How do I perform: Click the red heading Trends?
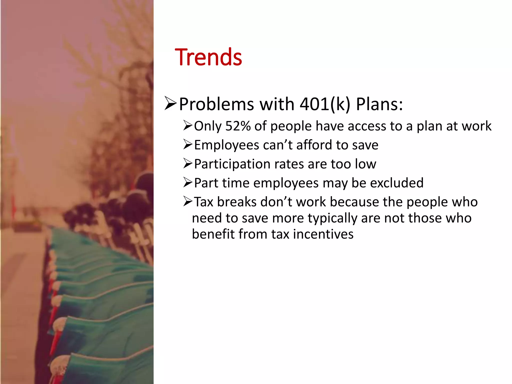point(208,57)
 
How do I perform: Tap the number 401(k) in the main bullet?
point(325,104)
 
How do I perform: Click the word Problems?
point(216,104)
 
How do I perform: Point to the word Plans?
point(379,104)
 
